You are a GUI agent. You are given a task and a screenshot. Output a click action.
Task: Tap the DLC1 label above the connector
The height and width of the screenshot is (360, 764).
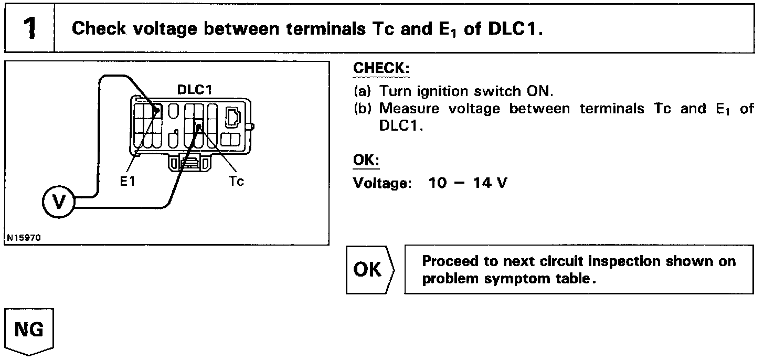(x=194, y=89)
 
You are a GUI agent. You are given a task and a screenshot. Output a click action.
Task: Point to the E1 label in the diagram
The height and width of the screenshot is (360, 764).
(x=128, y=182)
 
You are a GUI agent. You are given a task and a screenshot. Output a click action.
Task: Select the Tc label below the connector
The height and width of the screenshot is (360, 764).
(x=237, y=182)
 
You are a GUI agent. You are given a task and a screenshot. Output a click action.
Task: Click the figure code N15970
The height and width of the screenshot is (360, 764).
(x=23, y=238)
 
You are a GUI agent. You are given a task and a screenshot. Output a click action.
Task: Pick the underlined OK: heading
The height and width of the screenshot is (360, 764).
(x=366, y=160)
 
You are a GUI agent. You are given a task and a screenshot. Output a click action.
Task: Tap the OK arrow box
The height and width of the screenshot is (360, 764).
(x=369, y=269)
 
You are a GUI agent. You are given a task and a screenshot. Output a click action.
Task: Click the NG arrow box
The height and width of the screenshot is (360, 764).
(x=29, y=331)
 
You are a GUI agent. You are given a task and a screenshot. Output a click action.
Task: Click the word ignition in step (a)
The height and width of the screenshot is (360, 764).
(x=442, y=91)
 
